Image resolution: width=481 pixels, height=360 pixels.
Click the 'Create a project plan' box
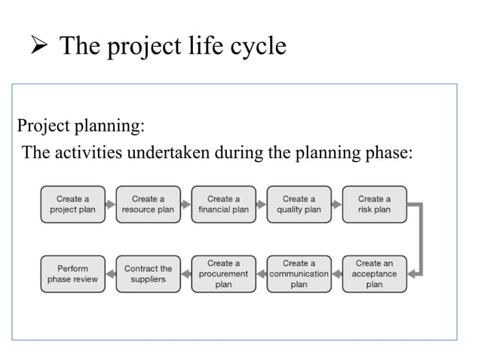pos(72,204)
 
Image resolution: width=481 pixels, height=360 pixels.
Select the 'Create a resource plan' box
pos(148,204)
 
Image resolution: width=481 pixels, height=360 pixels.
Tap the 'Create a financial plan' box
pos(223,204)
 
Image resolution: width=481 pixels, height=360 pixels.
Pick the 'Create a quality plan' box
pos(299,204)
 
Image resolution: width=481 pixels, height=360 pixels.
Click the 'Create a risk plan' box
pos(374,204)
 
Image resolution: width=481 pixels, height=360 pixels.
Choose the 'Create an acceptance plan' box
pos(374,274)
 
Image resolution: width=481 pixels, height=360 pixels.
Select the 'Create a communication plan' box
pos(299,274)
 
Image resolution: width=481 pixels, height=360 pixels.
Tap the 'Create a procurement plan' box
pos(223,274)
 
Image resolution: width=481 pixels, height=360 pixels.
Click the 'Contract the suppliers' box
pos(148,274)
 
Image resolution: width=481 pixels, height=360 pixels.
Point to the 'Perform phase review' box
pos(72,274)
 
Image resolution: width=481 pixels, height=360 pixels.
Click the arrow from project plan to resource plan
pos(110,204)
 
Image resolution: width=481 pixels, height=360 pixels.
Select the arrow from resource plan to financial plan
pos(185,204)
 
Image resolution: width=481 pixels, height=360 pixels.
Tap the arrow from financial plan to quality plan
pos(261,204)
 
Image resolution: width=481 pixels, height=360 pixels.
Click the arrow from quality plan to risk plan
pos(336,204)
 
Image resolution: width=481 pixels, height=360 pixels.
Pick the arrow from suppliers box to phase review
pos(110,274)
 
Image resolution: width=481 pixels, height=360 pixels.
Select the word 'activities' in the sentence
pos(93,153)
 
